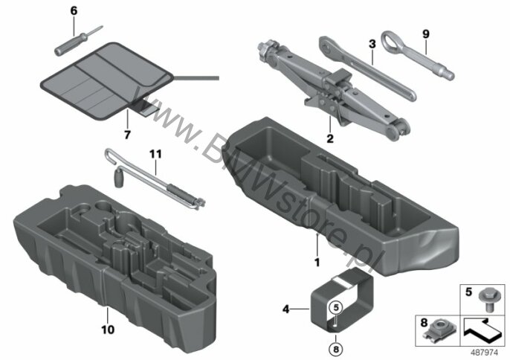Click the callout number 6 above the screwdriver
pyautogui.click(x=74, y=11)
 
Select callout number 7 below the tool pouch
pyautogui.click(x=127, y=135)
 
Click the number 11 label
pyautogui.click(x=155, y=154)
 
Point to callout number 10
pyautogui.click(x=108, y=330)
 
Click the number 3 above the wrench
pyautogui.click(x=372, y=44)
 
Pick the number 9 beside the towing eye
pyautogui.click(x=426, y=34)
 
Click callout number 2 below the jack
pyautogui.click(x=330, y=138)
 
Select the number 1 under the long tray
pyautogui.click(x=317, y=262)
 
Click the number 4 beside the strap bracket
pyautogui.click(x=285, y=309)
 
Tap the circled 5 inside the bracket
pyautogui.click(x=336, y=306)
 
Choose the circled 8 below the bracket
pyautogui.click(x=336, y=350)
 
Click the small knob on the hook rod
pyautogui.click(x=118, y=180)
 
